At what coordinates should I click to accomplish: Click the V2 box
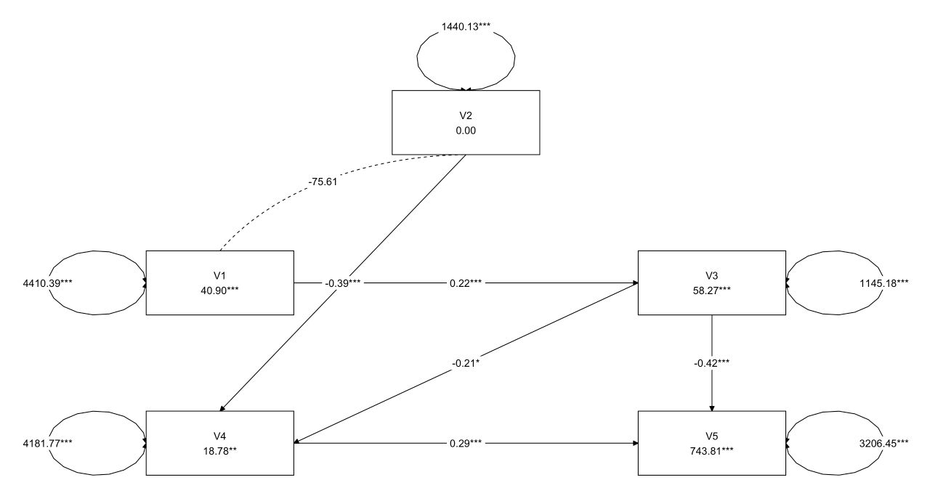click(465, 122)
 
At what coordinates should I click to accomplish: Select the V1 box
click(219, 283)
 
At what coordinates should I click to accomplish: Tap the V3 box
click(711, 283)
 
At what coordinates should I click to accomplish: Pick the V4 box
click(219, 443)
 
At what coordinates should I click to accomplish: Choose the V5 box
click(711, 443)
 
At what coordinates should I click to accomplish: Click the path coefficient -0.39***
click(343, 283)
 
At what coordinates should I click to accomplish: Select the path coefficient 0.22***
click(465, 283)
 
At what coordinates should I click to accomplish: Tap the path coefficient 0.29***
click(465, 443)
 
